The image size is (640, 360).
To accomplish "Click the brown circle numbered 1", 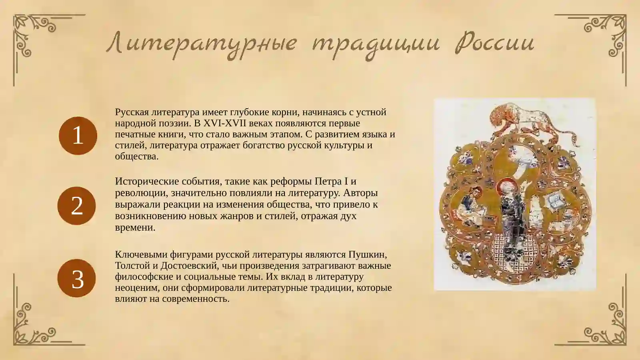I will pyautogui.click(x=78, y=136).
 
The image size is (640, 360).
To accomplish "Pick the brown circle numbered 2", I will pyautogui.click(x=77, y=206).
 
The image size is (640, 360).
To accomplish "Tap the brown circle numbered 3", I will pyautogui.click(x=77, y=278).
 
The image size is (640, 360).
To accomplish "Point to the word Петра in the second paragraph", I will pyautogui.click(x=328, y=182).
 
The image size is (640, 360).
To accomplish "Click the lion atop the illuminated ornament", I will pyautogui.click(x=520, y=118).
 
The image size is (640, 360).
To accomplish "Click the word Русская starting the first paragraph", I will pyautogui.click(x=132, y=112).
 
